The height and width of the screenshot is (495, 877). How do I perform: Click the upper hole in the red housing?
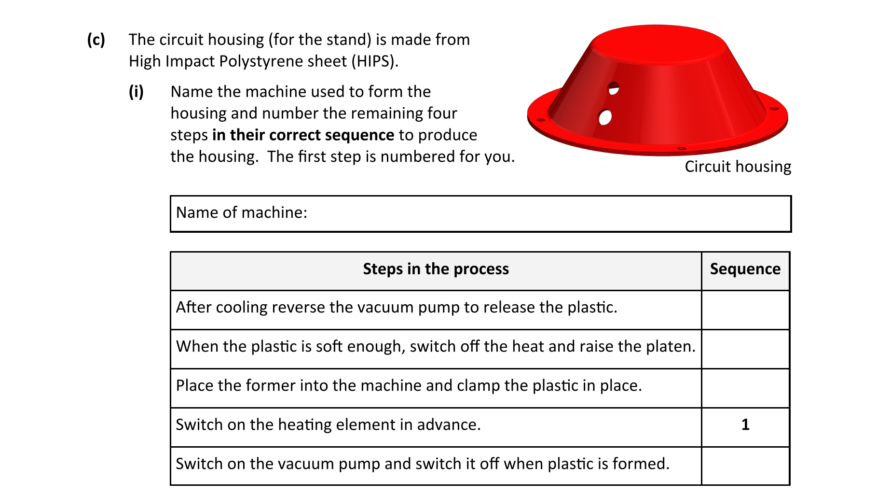(x=613, y=89)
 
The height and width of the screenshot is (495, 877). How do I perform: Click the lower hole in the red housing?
(x=604, y=117)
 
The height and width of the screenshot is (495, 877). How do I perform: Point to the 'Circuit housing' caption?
(x=738, y=167)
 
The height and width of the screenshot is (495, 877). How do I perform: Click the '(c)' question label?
(x=96, y=40)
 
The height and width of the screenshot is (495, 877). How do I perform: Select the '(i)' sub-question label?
(x=136, y=91)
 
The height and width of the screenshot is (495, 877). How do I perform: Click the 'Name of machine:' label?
(x=242, y=212)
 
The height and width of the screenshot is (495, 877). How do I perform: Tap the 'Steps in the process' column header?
(x=436, y=269)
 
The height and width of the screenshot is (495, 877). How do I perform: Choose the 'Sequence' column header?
(x=745, y=269)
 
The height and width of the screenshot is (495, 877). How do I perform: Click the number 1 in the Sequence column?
(x=745, y=424)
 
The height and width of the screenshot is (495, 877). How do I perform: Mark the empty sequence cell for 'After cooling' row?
(x=745, y=310)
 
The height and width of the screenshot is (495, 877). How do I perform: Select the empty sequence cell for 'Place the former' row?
(x=745, y=388)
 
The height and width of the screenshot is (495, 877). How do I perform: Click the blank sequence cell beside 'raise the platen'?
(x=745, y=349)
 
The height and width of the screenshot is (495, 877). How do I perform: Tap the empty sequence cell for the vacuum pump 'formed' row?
(x=745, y=466)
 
